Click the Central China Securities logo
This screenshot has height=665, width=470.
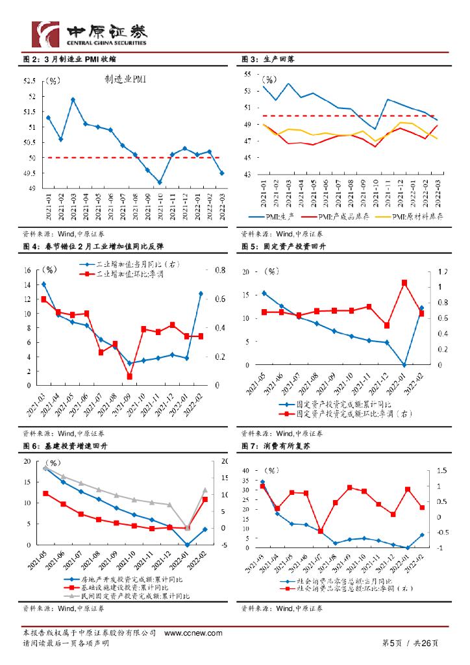pyautogui.click(x=90, y=32)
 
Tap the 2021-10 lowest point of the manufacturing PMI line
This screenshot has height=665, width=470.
pyautogui.click(x=160, y=182)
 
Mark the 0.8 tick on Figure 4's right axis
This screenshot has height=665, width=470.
pyautogui.click(x=220, y=270)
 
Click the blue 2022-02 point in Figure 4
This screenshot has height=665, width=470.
pyautogui.click(x=201, y=294)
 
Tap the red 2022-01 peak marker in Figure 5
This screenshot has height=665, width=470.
pyautogui.click(x=404, y=282)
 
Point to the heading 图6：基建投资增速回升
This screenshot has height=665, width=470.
pyautogui.click(x=68, y=447)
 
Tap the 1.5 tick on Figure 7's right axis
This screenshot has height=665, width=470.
pyautogui.click(x=442, y=471)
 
